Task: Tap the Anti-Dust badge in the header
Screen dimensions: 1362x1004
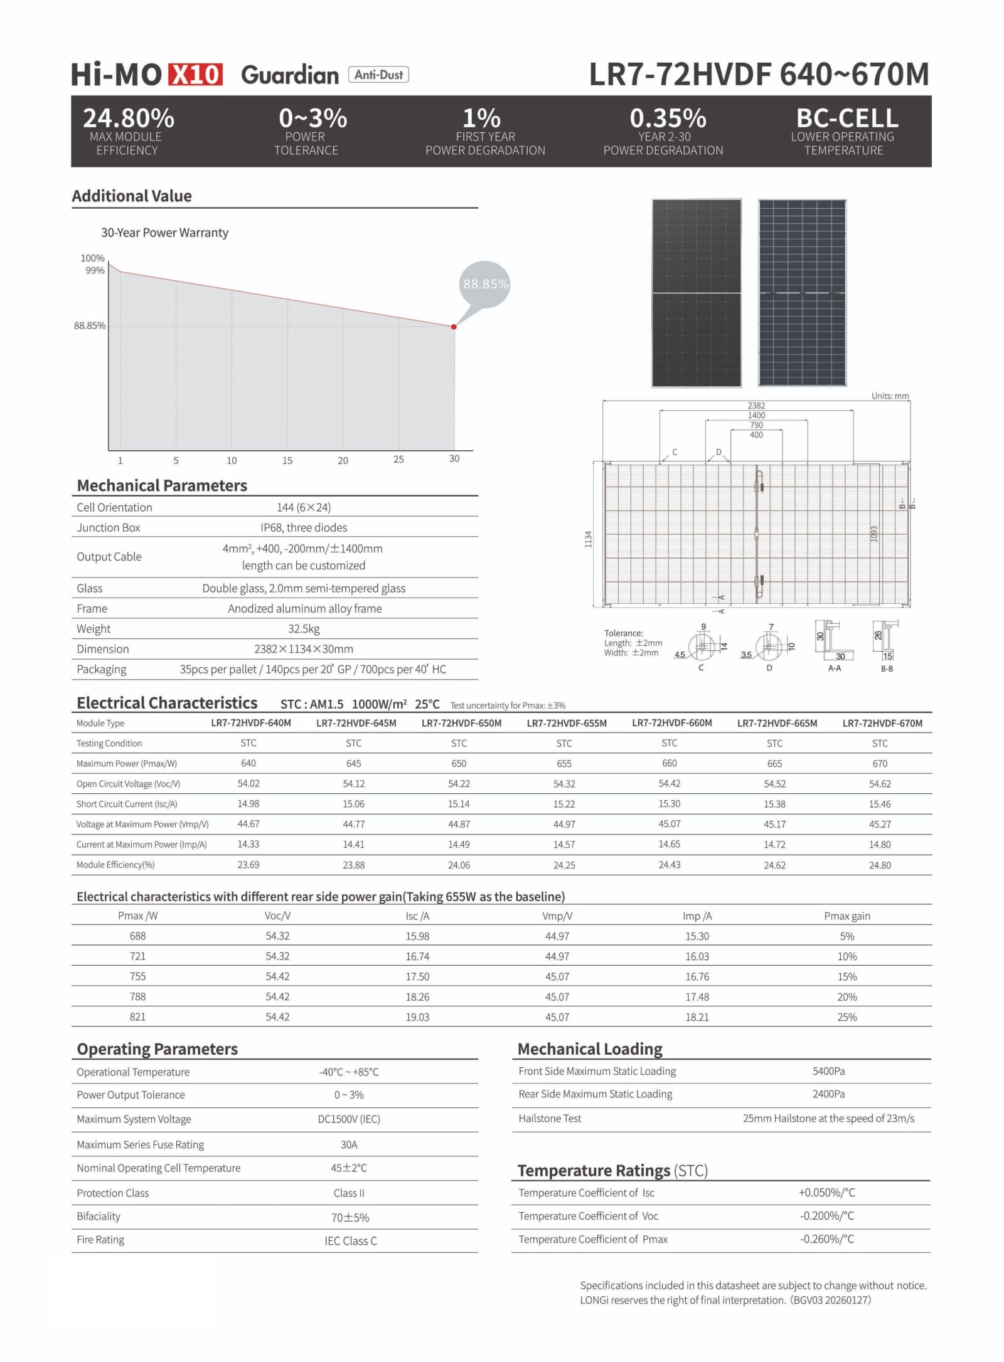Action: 378,75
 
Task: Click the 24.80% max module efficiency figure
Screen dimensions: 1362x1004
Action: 129,118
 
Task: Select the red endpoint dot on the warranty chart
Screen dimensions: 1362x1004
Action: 454,327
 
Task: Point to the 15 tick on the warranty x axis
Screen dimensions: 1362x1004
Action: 287,460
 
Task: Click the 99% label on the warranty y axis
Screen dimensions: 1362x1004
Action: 95,270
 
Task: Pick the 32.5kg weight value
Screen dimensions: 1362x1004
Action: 304,628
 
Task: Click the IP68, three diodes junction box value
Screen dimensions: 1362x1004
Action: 304,527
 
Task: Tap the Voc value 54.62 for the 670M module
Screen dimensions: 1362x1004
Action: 880,784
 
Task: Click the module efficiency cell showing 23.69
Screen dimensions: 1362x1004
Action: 248,865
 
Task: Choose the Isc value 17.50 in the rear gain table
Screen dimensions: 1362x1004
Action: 417,976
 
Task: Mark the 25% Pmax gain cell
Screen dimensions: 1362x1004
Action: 846,1017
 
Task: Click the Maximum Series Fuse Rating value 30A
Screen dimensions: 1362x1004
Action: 349,1144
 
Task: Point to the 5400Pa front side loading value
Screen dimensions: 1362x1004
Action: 828,1071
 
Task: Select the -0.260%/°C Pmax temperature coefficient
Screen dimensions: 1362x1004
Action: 827,1238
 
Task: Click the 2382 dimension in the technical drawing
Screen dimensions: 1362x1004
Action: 756,406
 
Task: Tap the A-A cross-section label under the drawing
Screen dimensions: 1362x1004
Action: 835,668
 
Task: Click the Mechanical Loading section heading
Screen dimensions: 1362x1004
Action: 590,1049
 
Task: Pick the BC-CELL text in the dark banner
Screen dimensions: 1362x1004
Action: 846,118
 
